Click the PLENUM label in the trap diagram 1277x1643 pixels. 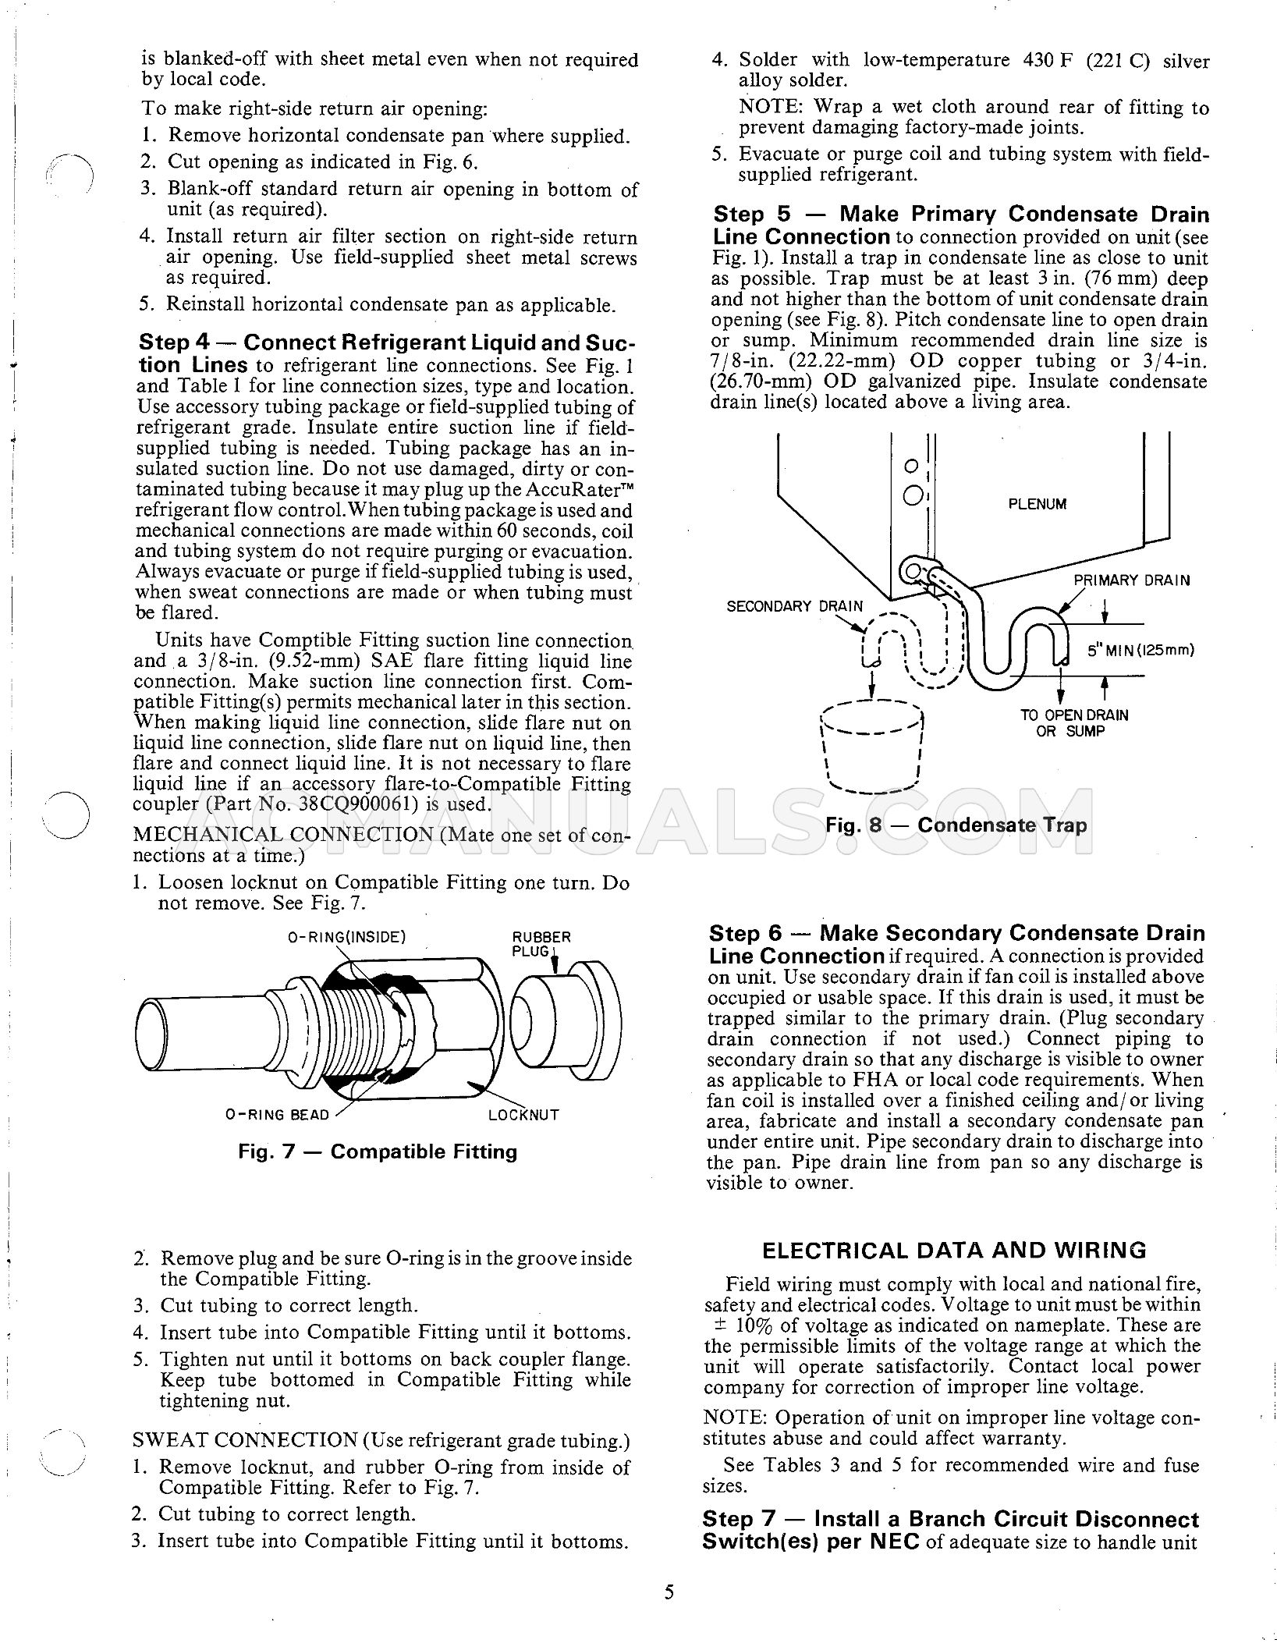[x=1037, y=504]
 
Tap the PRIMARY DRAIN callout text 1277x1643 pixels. [x=1132, y=580]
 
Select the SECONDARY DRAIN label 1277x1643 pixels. [x=794, y=606]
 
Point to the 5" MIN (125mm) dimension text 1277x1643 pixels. [x=1140, y=650]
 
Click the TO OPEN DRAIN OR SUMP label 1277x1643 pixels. [x=1074, y=723]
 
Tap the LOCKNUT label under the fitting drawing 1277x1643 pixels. [x=523, y=1115]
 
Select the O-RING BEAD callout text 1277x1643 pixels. [x=277, y=1115]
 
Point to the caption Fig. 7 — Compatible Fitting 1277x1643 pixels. [x=378, y=1152]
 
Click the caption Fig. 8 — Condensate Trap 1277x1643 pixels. [x=956, y=825]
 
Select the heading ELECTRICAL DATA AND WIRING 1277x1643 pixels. [x=954, y=1251]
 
